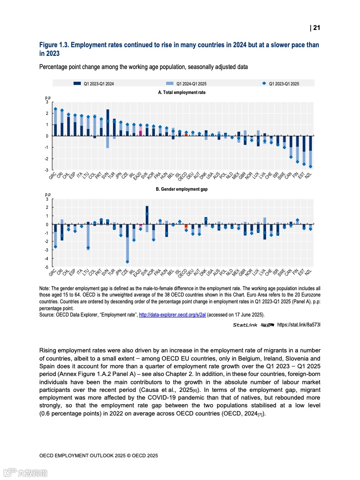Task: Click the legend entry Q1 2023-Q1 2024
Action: tap(98, 84)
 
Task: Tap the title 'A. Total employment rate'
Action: tap(182, 92)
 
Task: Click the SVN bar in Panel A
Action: tap(108, 123)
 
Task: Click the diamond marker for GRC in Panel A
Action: tap(55, 109)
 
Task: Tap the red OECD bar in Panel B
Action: tap(186, 226)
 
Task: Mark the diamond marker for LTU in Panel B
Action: tap(88, 247)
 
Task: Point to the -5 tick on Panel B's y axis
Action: tap(47, 267)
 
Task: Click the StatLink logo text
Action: tap(245, 325)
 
